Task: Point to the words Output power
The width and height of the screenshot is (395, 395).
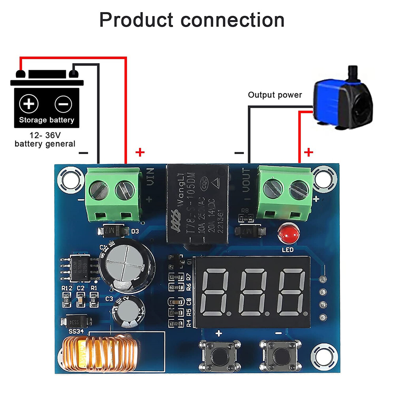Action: point(275,95)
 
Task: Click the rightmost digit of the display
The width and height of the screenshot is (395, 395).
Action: point(292,292)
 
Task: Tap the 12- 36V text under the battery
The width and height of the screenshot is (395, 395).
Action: point(45,135)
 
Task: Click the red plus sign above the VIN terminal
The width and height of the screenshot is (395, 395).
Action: point(140,152)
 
